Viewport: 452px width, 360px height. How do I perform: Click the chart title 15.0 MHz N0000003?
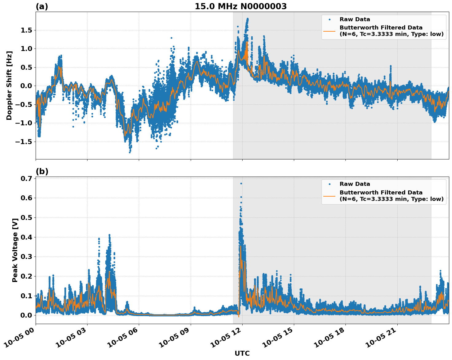240,6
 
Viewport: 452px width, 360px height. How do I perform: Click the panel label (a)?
42,6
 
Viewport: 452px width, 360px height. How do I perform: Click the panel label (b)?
42,171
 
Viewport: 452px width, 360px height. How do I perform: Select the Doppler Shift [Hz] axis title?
9,85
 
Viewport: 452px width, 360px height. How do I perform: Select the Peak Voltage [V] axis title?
15,250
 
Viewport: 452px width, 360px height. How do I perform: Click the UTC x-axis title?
242,353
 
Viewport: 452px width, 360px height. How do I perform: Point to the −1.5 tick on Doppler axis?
24,142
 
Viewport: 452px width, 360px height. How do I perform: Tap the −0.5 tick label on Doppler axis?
24,104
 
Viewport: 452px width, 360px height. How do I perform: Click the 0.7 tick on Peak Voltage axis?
27,178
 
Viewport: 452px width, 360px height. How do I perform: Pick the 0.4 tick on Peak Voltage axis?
27,237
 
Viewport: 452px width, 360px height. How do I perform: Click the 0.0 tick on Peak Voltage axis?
27,315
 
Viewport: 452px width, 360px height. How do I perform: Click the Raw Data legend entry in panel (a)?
355,20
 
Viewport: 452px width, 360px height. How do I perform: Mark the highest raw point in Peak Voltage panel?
241,183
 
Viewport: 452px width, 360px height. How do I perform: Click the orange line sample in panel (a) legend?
329,31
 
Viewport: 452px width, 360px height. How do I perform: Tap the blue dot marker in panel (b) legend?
329,184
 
